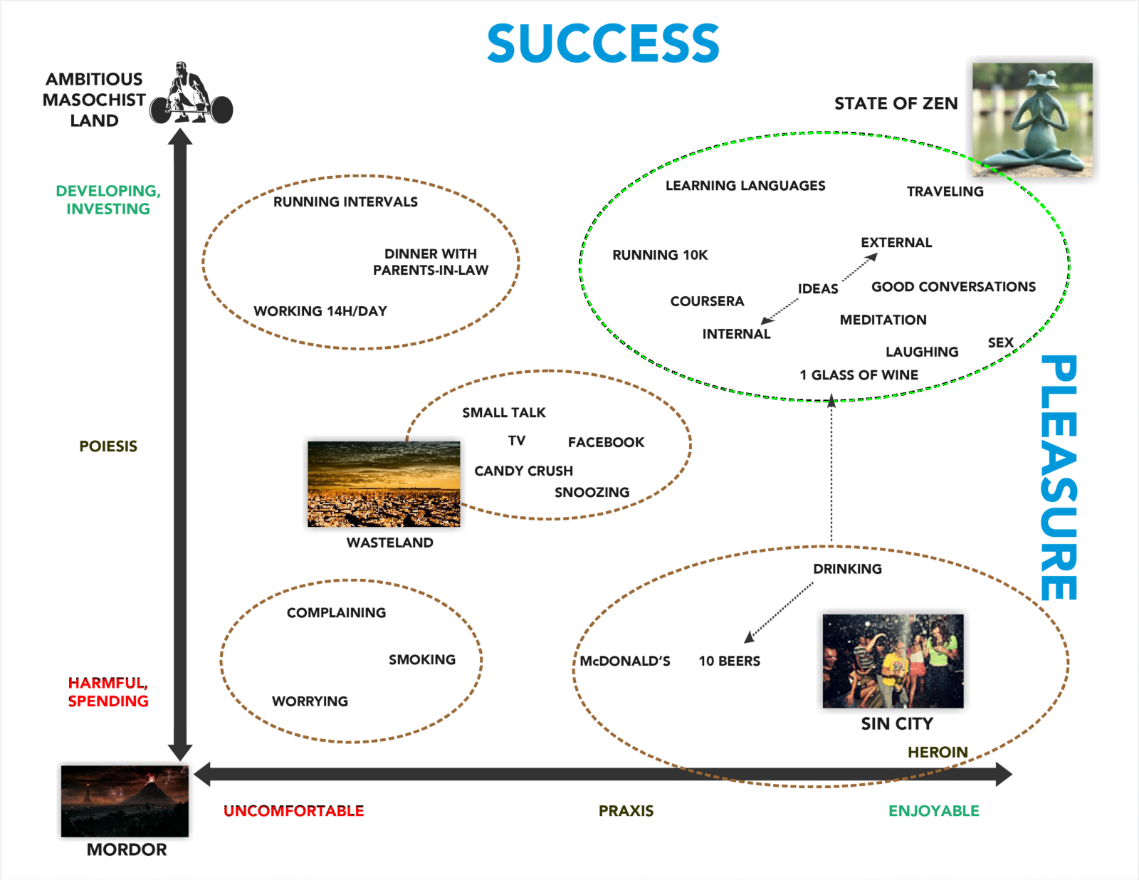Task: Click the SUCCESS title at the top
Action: [603, 43]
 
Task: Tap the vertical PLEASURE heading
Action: [1059, 478]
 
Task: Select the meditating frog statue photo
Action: [1032, 120]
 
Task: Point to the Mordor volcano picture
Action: [125, 801]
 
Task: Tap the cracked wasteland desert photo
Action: [384, 483]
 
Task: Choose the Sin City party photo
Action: [893, 661]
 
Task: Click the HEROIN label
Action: [938, 752]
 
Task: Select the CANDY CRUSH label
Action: [523, 471]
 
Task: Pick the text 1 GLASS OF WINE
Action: [859, 374]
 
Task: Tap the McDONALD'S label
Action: [625, 661]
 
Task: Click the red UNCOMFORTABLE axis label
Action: [293, 811]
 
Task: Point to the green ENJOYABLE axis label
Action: [933, 811]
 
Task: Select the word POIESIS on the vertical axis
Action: [108, 446]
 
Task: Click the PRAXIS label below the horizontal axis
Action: [626, 811]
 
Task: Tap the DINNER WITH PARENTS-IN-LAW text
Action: [431, 262]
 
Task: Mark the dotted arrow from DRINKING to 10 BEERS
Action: [780, 612]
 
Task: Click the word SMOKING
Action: [422, 659]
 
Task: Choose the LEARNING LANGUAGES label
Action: [745, 186]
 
